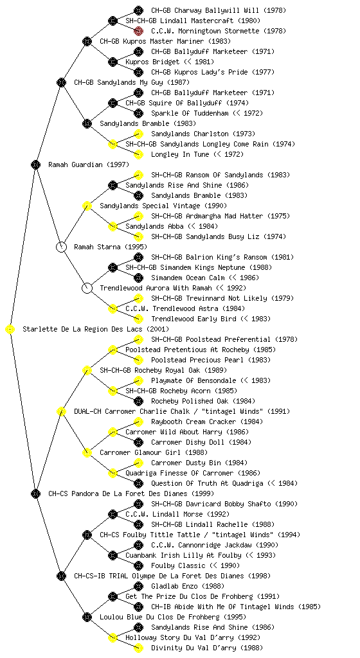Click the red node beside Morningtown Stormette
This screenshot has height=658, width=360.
point(138,31)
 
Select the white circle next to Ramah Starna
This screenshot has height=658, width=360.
point(61,247)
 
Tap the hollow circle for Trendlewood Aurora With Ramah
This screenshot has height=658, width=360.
point(87,288)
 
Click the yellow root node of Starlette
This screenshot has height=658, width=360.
point(10,329)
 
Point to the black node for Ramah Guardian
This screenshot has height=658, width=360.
point(35,164)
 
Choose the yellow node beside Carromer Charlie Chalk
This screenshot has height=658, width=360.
point(61,411)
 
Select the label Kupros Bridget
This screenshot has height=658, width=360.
point(152,62)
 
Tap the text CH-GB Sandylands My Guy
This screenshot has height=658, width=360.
point(119,82)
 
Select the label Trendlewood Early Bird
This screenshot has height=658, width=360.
point(194,319)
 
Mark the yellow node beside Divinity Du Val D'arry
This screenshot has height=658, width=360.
point(138,648)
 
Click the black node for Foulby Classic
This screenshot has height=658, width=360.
point(138,565)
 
